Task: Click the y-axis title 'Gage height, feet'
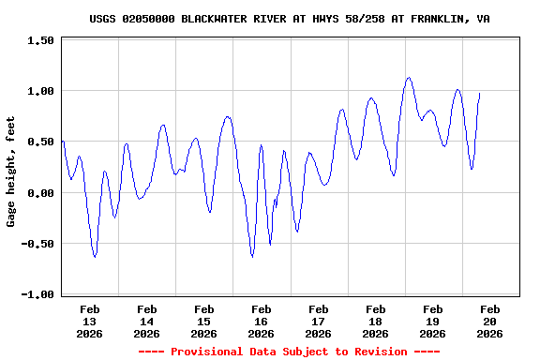(11, 172)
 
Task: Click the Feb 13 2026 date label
(90, 321)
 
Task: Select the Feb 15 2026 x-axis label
(204, 321)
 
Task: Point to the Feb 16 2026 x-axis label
(262, 321)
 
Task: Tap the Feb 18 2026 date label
(376, 321)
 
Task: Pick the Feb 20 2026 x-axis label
(489, 321)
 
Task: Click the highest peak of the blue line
(409, 78)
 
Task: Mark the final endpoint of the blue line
(480, 93)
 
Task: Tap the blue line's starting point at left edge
(62, 141)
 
